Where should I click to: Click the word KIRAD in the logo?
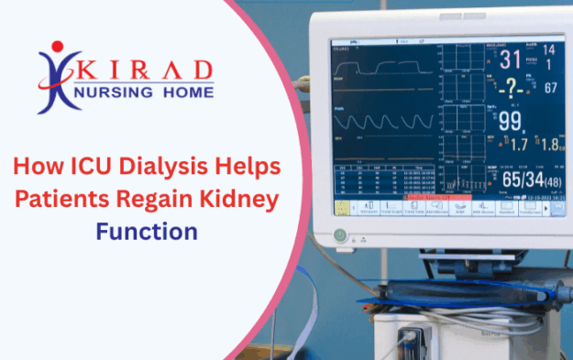point(146,71)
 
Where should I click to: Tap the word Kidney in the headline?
point(252,199)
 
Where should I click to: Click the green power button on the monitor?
point(340,235)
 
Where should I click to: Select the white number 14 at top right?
point(548,50)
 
